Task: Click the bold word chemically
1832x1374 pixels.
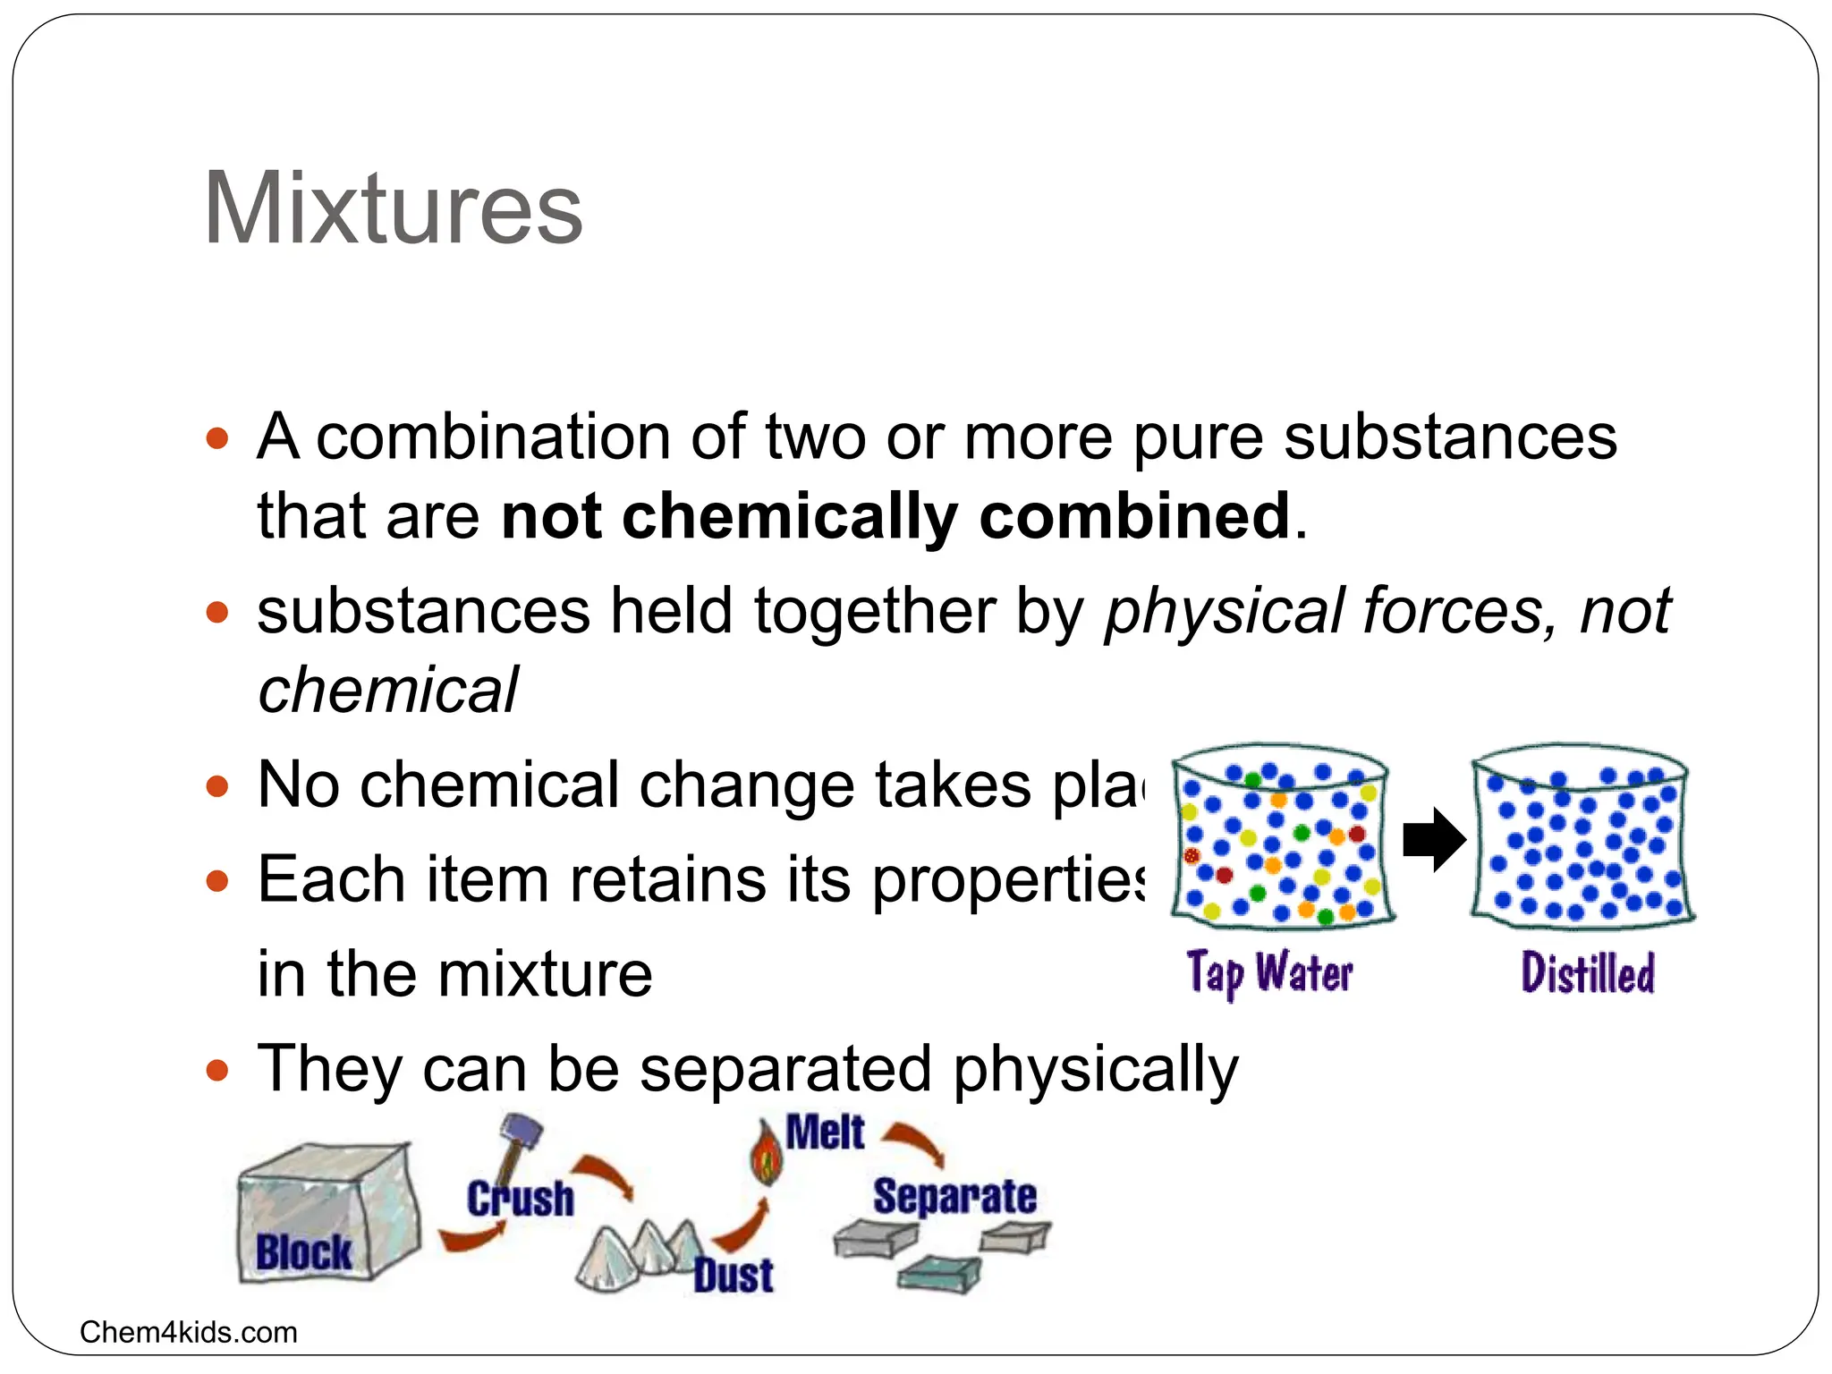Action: click(x=790, y=516)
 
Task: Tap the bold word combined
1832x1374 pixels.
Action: click(x=1134, y=516)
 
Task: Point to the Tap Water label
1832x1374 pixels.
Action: click(x=1269, y=973)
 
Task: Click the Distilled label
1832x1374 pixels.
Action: click(x=1588, y=973)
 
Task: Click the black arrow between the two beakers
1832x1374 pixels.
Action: click(x=1433, y=839)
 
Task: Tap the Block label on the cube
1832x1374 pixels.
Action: click(x=303, y=1251)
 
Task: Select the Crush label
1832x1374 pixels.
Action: click(x=521, y=1199)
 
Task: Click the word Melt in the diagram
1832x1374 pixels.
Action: click(x=825, y=1132)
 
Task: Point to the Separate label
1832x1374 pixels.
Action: click(x=954, y=1197)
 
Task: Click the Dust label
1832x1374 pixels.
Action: click(x=734, y=1275)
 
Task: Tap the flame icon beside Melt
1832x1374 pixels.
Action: click(x=766, y=1154)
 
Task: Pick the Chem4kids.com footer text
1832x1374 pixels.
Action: click(x=188, y=1332)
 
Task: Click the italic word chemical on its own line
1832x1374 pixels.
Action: click(x=387, y=690)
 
